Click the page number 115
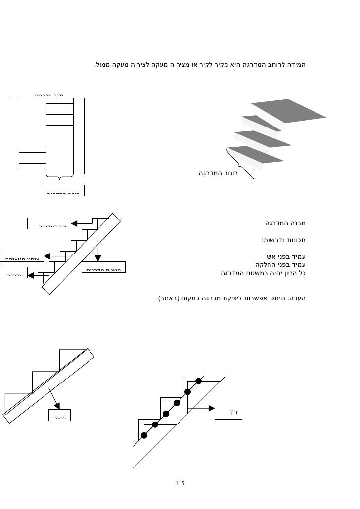coord(180,482)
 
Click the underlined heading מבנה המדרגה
coord(285,223)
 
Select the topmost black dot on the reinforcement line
coord(198,381)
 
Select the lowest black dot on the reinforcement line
coord(144,435)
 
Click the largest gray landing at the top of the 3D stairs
coord(288,112)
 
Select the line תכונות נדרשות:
coord(282,241)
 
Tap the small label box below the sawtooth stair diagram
coord(60,415)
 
